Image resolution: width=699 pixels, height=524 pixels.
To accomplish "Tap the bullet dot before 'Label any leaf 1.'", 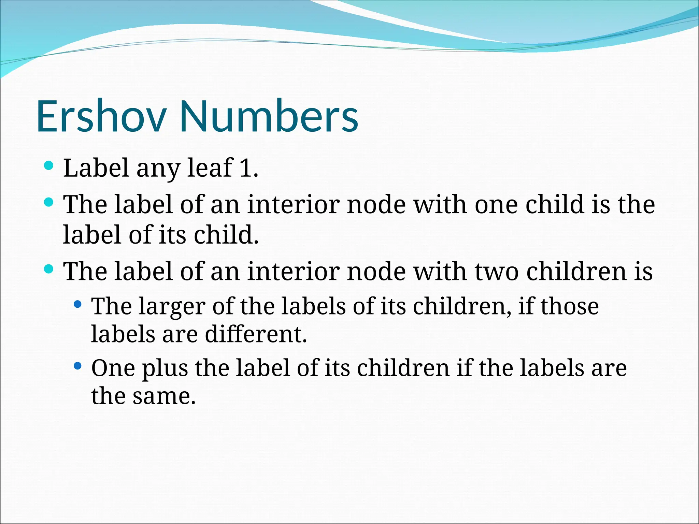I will (x=49, y=166).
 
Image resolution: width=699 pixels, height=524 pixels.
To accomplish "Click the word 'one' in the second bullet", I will (x=496, y=205).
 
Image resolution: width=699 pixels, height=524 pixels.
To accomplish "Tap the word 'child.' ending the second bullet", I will (x=226, y=235).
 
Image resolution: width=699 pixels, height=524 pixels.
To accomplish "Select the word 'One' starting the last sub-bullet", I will (x=113, y=368).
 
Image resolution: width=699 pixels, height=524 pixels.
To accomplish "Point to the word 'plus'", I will (x=165, y=368).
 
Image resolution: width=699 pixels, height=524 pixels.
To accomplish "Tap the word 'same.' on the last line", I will (x=164, y=396).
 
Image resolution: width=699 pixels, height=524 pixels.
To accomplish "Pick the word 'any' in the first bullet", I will (x=158, y=169).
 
